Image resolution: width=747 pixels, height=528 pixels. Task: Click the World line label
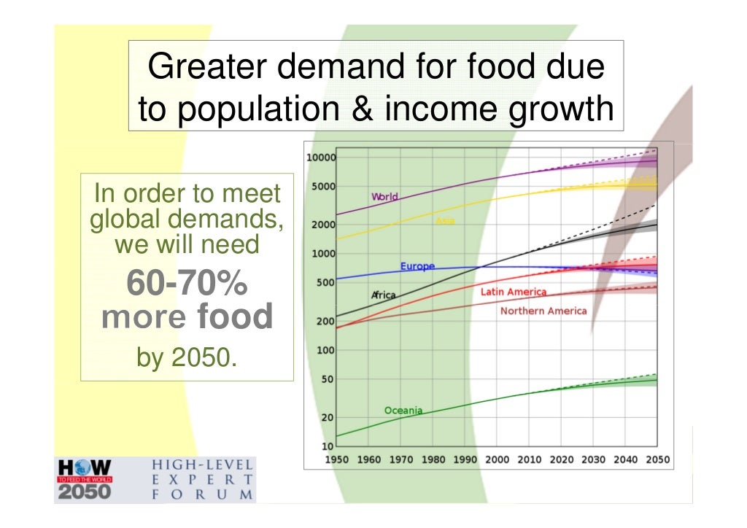(x=384, y=197)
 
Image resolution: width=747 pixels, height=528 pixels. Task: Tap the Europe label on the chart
(x=417, y=267)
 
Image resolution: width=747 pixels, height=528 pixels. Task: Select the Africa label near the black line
(x=384, y=295)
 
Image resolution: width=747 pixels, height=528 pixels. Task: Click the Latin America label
(x=513, y=292)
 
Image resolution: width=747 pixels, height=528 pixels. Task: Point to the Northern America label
(x=543, y=311)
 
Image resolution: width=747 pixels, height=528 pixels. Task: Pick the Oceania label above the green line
(x=403, y=411)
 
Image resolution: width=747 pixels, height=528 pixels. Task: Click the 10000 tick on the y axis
(x=320, y=158)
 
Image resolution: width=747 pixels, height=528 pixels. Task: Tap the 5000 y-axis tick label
(x=323, y=187)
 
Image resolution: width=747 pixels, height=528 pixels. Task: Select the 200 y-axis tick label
(x=325, y=321)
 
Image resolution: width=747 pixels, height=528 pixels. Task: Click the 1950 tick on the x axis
(x=336, y=460)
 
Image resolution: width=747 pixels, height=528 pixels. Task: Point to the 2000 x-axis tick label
(x=497, y=460)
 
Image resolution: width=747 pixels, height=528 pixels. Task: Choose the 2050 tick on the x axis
(x=657, y=460)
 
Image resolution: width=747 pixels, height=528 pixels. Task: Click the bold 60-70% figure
(x=187, y=285)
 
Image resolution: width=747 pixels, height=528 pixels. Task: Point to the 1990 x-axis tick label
(x=465, y=460)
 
